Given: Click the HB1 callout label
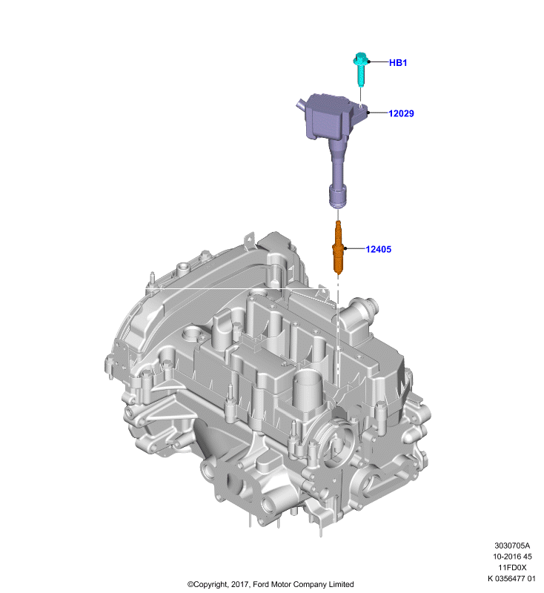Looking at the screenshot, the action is [x=398, y=63].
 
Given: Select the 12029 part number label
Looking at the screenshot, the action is [x=401, y=113].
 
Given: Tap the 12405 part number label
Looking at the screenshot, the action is [x=379, y=249].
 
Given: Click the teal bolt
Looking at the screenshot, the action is [x=361, y=70].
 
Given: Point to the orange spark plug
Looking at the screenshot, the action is [x=338, y=248].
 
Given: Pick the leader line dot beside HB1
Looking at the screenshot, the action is [x=369, y=62].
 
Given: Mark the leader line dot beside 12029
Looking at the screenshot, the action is [x=368, y=113].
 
